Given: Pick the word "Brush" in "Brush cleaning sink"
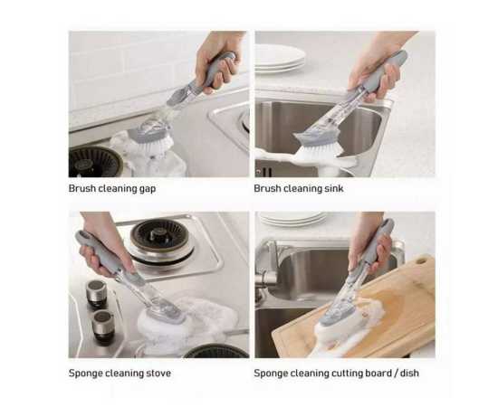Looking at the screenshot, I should point(268,189).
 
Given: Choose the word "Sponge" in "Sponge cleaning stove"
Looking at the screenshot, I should point(88,373).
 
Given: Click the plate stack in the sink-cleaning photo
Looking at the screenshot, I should point(280,58).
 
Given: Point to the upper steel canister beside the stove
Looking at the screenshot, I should point(98,291).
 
